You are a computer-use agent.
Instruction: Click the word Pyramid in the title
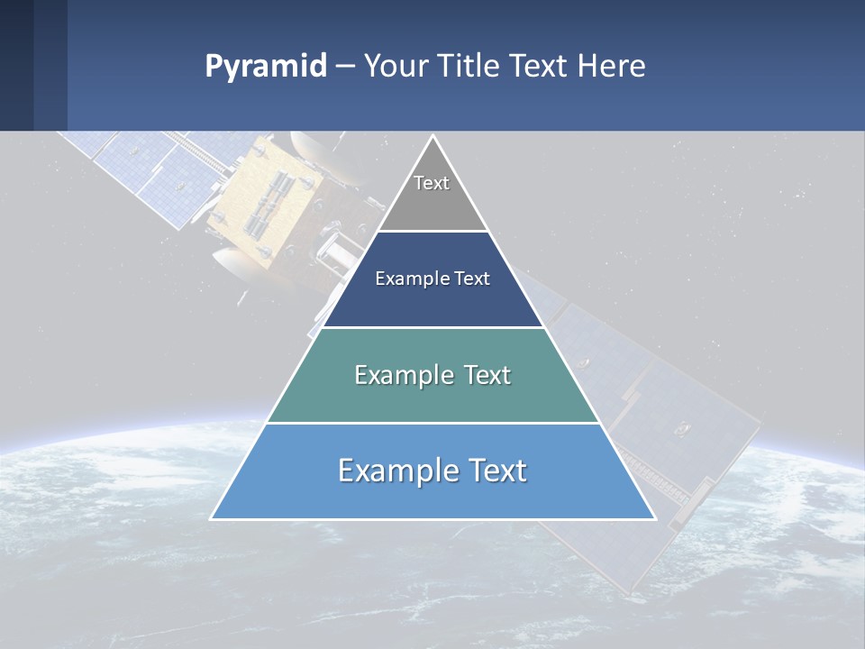[x=266, y=67]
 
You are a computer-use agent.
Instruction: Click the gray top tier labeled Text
[x=432, y=194]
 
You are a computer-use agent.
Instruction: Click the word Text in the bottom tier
[x=496, y=471]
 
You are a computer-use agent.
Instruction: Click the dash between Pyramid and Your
[x=345, y=67]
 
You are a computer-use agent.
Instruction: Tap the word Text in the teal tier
[x=487, y=375]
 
